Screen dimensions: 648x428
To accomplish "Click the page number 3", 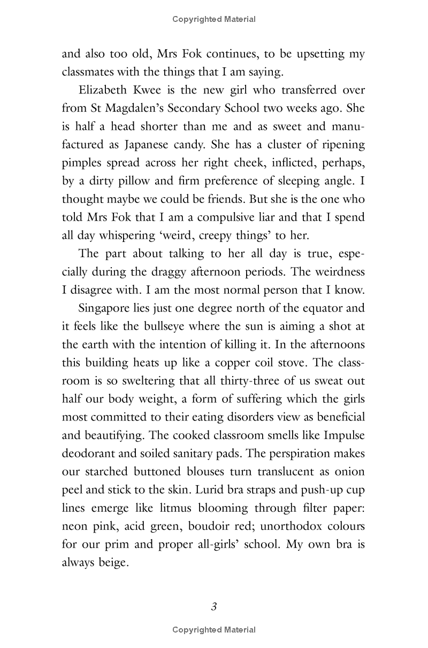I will click(214, 606).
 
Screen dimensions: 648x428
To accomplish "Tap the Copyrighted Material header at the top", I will click(214, 19).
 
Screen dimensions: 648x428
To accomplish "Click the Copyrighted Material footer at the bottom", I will click(214, 630).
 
